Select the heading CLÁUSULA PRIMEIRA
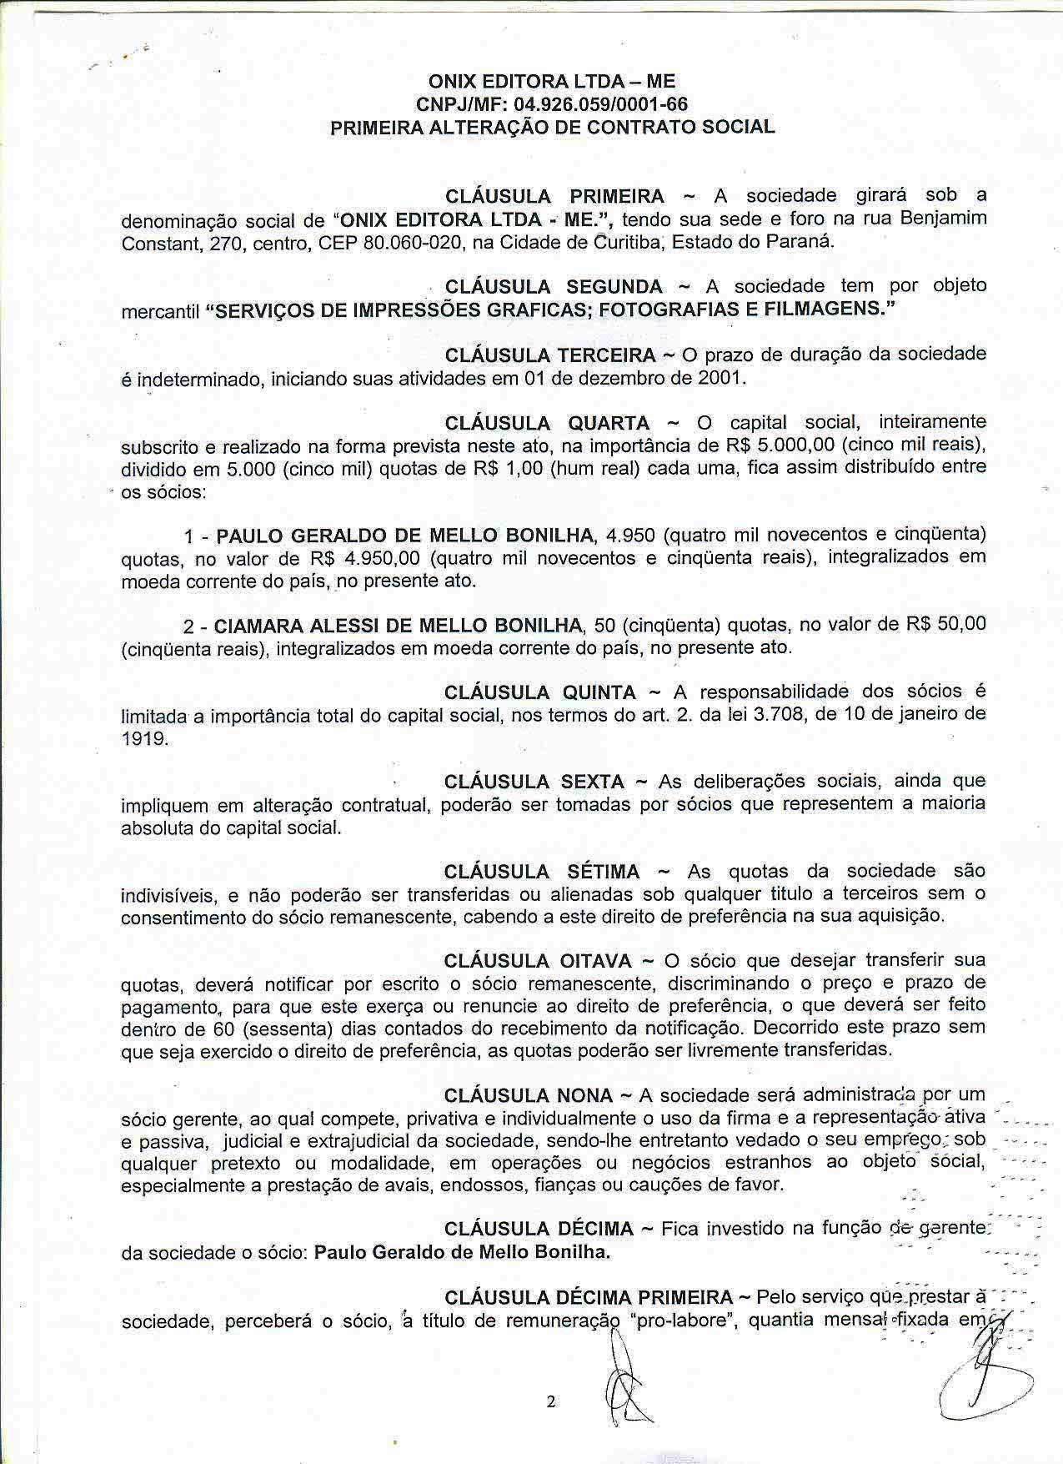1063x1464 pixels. (554, 197)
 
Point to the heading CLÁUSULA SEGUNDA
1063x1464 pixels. (554, 287)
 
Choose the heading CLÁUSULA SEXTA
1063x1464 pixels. (534, 782)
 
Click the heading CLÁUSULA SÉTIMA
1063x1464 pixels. (542, 872)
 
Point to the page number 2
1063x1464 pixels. (550, 1401)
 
